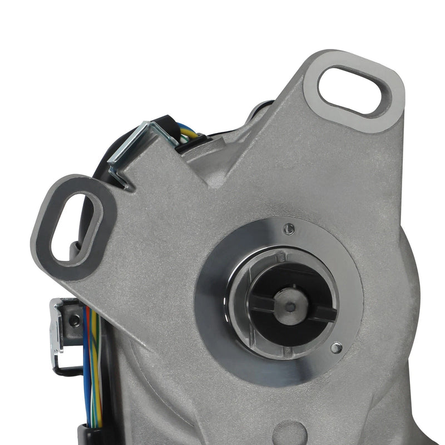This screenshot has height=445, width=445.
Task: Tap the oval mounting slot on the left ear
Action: (x=76, y=228)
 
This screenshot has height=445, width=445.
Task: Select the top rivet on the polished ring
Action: (x=288, y=228)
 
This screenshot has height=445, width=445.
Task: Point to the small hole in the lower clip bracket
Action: (x=73, y=319)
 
